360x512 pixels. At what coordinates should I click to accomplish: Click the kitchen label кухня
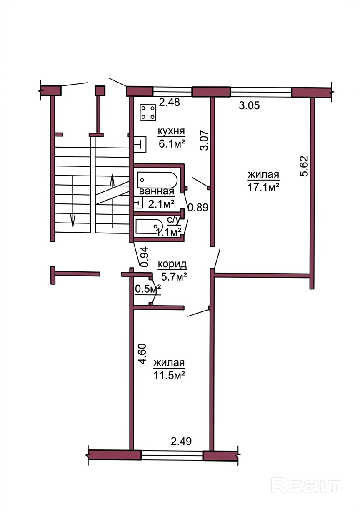click(x=171, y=132)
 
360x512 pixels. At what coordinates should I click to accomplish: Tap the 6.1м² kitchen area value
click(x=172, y=144)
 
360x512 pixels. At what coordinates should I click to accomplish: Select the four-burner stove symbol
click(x=148, y=112)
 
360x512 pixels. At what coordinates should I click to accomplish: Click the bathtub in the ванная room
click(x=157, y=180)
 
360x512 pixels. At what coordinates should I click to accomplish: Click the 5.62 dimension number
click(x=305, y=166)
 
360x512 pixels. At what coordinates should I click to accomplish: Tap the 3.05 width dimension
click(x=249, y=106)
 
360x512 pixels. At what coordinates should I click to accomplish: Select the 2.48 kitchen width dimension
click(x=169, y=102)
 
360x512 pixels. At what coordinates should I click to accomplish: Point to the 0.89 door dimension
click(x=197, y=207)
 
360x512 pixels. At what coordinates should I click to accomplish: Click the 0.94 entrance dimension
click(x=144, y=257)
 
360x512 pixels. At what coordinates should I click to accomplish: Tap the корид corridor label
click(x=172, y=264)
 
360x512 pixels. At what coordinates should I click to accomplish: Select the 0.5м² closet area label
click(x=148, y=289)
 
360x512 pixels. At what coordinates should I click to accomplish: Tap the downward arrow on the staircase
click(x=73, y=201)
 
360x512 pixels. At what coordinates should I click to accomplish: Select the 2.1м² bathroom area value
click(x=161, y=204)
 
